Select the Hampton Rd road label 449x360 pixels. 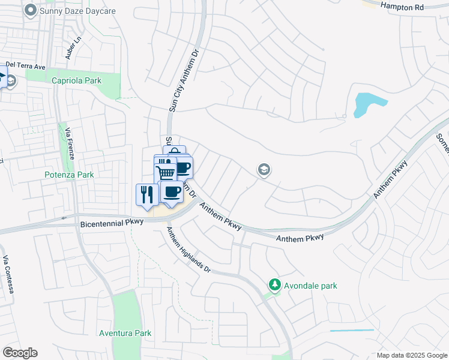(402, 5)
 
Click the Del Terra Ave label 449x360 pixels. (26, 65)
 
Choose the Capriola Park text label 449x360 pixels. (76, 80)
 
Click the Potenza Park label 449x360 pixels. (69, 175)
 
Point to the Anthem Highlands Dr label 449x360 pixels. (188, 251)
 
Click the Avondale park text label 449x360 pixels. (310, 286)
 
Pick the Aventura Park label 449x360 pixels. (125, 333)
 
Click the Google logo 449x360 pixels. (20, 353)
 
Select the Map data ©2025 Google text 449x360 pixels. (411, 355)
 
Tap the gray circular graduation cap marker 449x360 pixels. (263, 170)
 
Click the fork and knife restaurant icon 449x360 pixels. (146, 194)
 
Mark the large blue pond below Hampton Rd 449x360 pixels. (366, 104)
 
